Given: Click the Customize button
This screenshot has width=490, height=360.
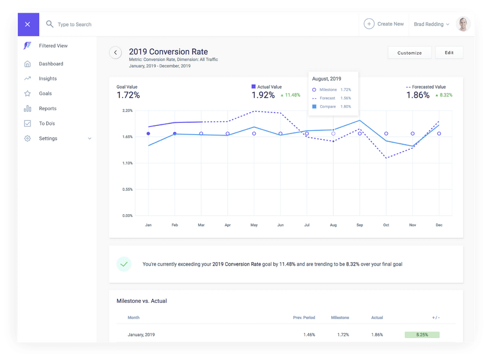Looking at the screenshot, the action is pyautogui.click(x=409, y=53).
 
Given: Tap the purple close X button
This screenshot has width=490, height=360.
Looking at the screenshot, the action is pyautogui.click(x=28, y=24).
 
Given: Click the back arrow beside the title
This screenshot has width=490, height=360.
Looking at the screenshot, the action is pyautogui.click(x=115, y=53).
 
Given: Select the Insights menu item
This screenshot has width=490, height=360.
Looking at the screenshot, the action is pyautogui.click(x=48, y=79).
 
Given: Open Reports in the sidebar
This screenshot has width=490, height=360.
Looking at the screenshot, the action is pyautogui.click(x=48, y=108).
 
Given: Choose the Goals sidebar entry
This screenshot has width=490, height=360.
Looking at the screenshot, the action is pyautogui.click(x=45, y=93).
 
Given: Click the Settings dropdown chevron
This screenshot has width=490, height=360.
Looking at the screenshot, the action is pyautogui.click(x=90, y=138).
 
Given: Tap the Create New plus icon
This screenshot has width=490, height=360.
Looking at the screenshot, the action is pyautogui.click(x=369, y=24).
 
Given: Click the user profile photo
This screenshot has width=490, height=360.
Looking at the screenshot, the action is pyautogui.click(x=463, y=24).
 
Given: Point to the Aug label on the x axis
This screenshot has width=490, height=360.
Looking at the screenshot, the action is pyautogui.click(x=333, y=225).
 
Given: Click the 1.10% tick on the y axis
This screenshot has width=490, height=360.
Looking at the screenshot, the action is pyautogui.click(x=128, y=163).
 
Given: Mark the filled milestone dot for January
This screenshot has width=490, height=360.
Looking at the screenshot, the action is pyautogui.click(x=149, y=134).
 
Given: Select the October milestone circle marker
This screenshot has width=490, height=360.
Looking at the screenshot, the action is pyautogui.click(x=386, y=134).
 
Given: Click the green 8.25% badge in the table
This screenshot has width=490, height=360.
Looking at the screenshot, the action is pyautogui.click(x=422, y=335).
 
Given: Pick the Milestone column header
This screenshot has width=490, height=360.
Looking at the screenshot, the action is pyautogui.click(x=340, y=318).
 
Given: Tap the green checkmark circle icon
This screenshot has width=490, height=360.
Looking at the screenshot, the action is pyautogui.click(x=124, y=264).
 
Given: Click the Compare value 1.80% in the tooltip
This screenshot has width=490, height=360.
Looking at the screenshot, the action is pyautogui.click(x=346, y=107).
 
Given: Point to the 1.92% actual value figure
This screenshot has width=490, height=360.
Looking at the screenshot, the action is pyautogui.click(x=263, y=95).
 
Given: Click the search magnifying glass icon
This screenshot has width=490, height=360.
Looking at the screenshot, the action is pyautogui.click(x=50, y=24).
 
